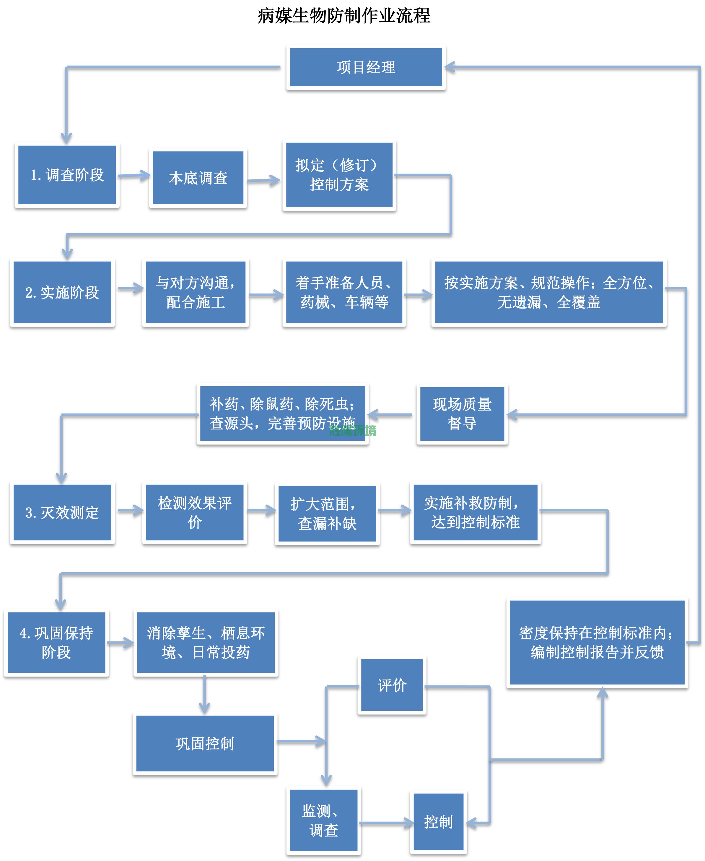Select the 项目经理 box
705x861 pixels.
tap(366, 67)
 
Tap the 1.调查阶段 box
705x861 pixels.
tap(67, 175)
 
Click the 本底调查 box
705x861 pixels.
tap(198, 178)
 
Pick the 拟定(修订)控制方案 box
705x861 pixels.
tap(339, 175)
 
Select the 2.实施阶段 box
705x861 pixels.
tap(62, 292)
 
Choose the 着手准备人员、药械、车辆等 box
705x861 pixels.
tap(344, 292)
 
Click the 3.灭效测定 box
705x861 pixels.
tap(62, 513)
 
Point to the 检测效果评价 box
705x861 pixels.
tap(195, 513)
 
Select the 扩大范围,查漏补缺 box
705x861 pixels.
tap(327, 514)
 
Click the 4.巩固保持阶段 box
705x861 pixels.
tap(56, 642)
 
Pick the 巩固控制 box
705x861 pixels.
tap(205, 743)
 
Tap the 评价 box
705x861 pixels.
tap(392, 685)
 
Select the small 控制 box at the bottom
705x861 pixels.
tap(438, 822)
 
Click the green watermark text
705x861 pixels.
tap(353, 430)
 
